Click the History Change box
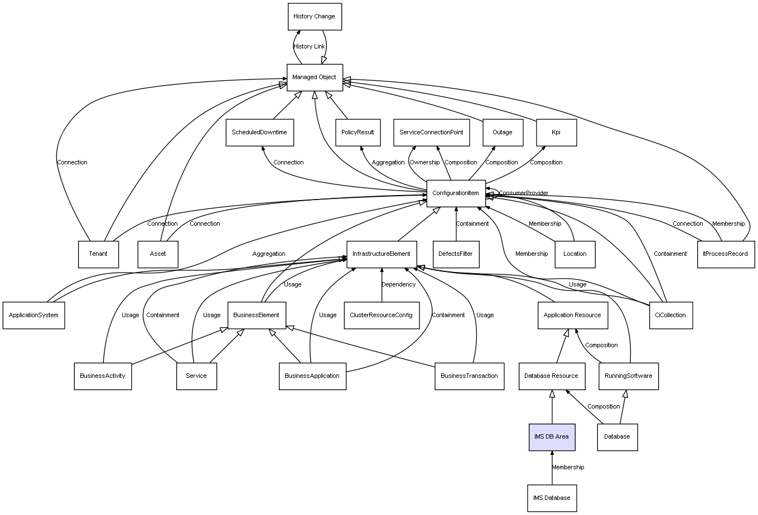pyautogui.click(x=314, y=17)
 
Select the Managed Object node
pyautogui.click(x=314, y=77)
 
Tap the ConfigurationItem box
pyautogui.click(x=456, y=193)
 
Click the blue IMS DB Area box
pyautogui.click(x=552, y=436)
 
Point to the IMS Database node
pyautogui.click(x=552, y=498)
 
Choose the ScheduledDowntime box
pyautogui.click(x=259, y=133)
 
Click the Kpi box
pyautogui.click(x=556, y=133)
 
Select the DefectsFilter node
pyautogui.click(x=456, y=254)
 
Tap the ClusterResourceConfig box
pyautogui.click(x=382, y=315)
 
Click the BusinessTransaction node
pyautogui.click(x=469, y=376)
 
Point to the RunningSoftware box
pyautogui.click(x=629, y=376)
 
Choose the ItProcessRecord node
pyautogui.click(x=726, y=254)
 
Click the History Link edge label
pyautogui.click(x=309, y=47)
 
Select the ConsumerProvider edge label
pyautogui.click(x=523, y=193)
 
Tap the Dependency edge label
pyautogui.click(x=398, y=284)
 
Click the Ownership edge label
pyautogui.click(x=424, y=163)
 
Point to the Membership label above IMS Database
pyautogui.click(x=568, y=467)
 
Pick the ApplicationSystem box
pyautogui.click(x=33, y=315)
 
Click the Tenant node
pyautogui.click(x=98, y=254)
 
